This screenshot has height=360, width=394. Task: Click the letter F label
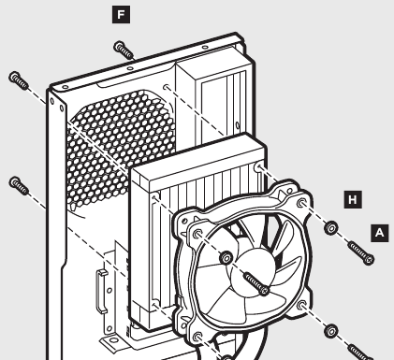coord(119,14)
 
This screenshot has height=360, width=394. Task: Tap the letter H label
coord(352,199)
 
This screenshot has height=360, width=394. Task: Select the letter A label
coord(378,230)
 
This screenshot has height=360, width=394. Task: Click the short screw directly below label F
coord(124,49)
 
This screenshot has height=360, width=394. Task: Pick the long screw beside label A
coord(359,251)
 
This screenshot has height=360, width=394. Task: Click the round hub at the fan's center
coord(227,258)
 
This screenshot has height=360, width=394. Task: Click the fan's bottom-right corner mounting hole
coord(304,305)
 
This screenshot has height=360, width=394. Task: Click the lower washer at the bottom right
coord(330,329)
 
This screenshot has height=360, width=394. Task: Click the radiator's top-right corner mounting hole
coord(259,168)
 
